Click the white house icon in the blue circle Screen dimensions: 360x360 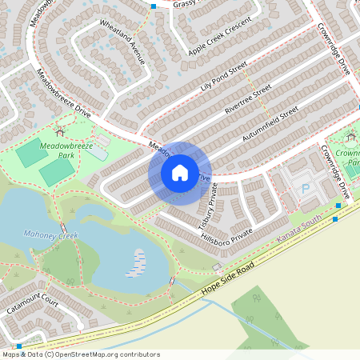[x=180, y=172]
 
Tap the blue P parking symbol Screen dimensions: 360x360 [x=305, y=190]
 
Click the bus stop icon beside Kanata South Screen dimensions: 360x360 [x=338, y=206]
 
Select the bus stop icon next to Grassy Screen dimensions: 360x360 [x=154, y=6]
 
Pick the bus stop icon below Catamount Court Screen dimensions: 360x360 [x=19, y=346]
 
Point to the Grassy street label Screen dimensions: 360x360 [x=185, y=4]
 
